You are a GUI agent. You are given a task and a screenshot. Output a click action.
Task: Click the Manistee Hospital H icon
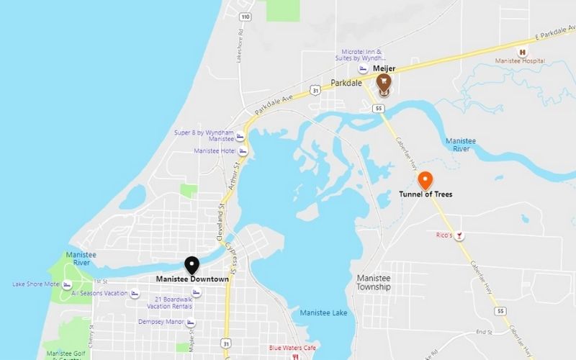click(x=523, y=51)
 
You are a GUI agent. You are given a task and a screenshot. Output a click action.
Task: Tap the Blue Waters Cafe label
click(x=292, y=348)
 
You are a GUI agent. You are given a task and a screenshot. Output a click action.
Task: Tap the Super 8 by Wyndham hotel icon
click(x=240, y=136)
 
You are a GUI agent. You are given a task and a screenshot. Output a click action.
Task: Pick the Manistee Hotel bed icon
click(x=243, y=151)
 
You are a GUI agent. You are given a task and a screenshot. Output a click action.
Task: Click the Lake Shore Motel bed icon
click(x=67, y=284)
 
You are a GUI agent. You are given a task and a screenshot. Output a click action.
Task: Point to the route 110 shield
click(x=246, y=16)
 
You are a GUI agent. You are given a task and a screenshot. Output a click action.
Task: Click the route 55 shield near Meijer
click(x=378, y=108)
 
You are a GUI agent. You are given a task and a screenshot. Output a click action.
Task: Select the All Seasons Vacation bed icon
click(x=134, y=294)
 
